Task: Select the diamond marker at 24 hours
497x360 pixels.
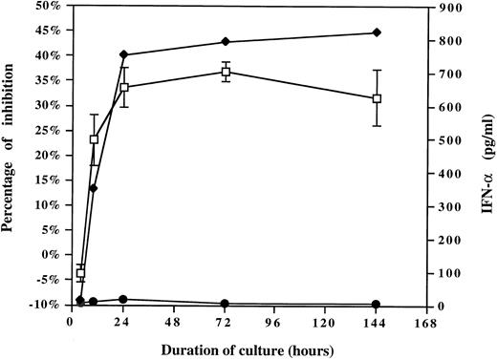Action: click(124, 54)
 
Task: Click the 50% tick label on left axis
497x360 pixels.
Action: click(48, 7)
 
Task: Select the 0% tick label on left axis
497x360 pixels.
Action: click(52, 255)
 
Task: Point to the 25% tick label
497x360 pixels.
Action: click(48, 131)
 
